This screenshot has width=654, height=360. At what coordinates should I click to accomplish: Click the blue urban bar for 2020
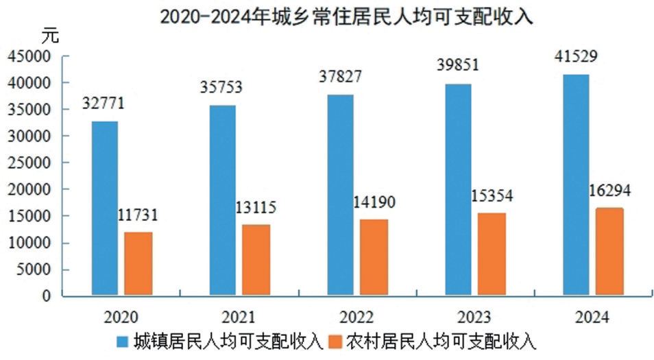tap(105, 208)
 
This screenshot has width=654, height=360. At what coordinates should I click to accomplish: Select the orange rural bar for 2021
tap(256, 261)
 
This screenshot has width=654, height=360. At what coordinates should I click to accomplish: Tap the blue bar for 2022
tap(340, 195)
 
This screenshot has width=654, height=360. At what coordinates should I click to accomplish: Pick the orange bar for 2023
tap(492, 254)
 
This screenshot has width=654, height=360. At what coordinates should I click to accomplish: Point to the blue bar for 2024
tap(576, 185)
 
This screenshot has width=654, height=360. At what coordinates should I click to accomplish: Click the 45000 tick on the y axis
tap(30, 56)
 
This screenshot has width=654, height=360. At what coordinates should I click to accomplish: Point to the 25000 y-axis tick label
tap(30, 163)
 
